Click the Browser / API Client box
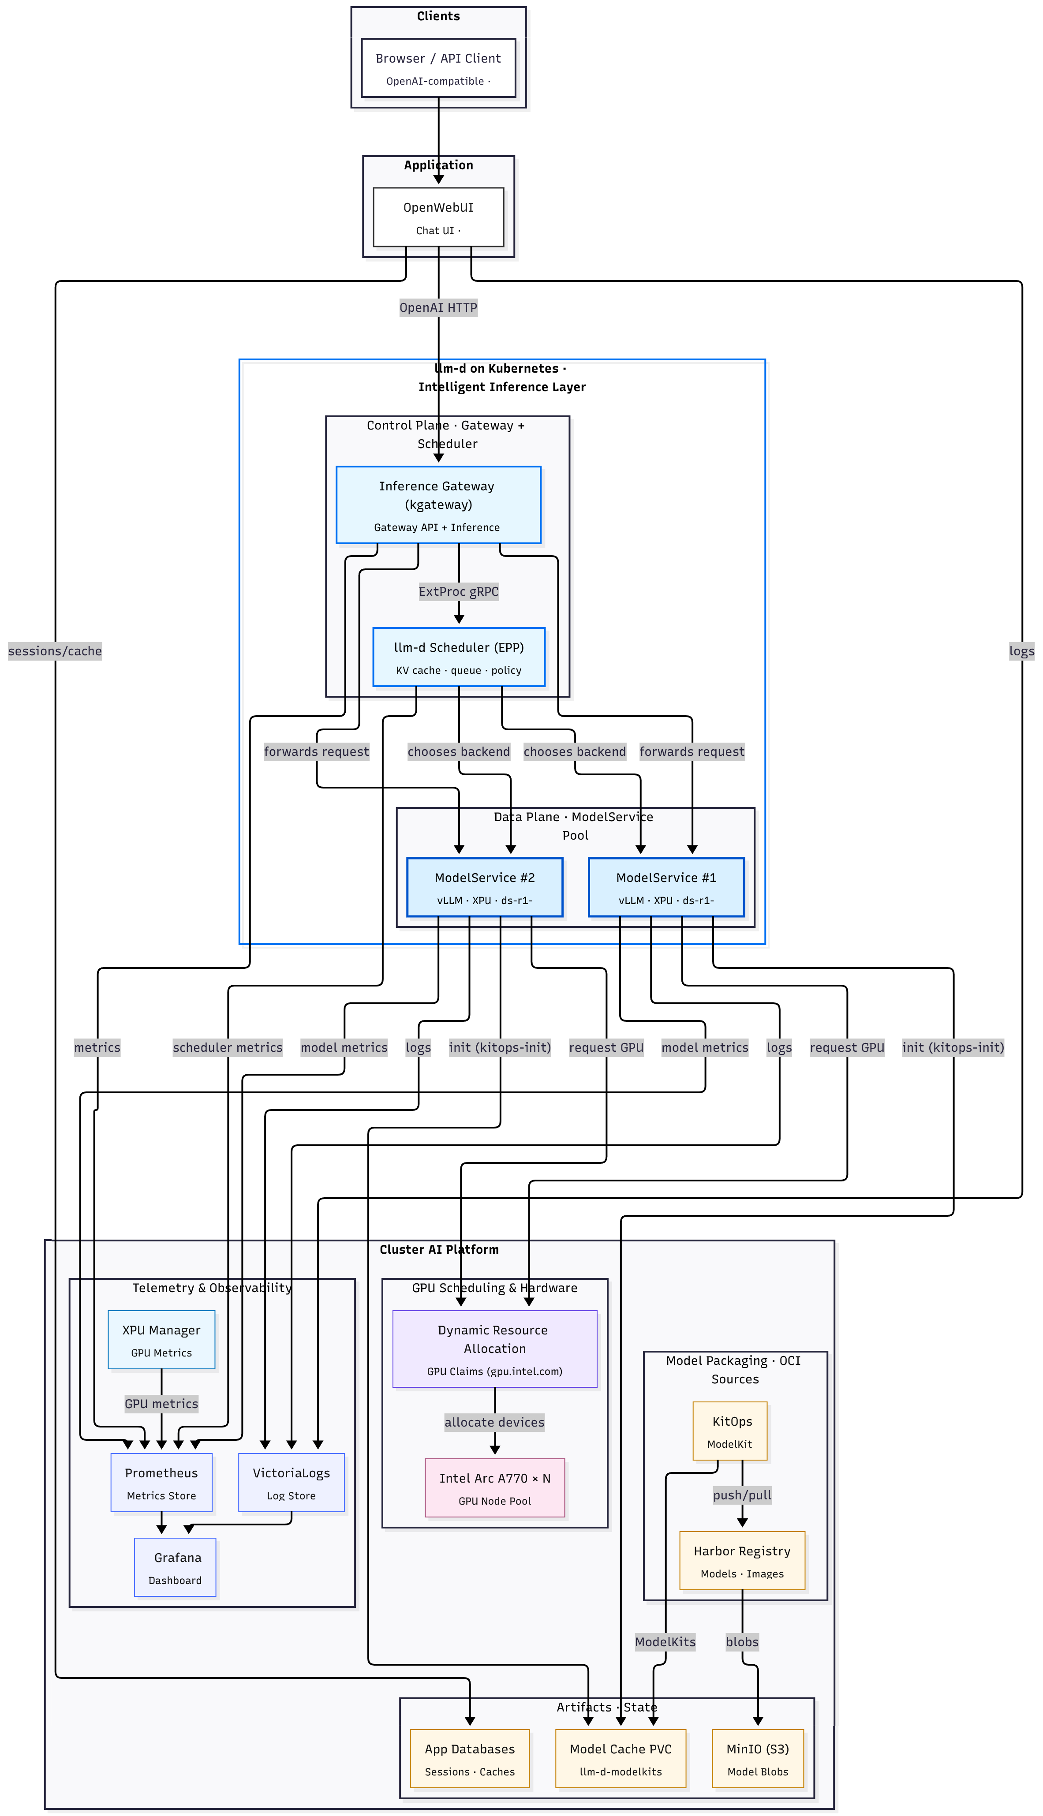pos(438,68)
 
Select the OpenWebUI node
pos(438,217)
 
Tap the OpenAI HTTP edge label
pos(438,308)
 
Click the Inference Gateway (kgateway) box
pos(438,505)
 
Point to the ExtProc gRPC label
pos(459,591)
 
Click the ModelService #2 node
pos(484,887)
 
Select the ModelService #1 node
pos(666,887)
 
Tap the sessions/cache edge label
pos(55,651)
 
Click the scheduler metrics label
pos(228,1048)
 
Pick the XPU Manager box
pos(161,1340)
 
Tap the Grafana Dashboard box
pos(175,1568)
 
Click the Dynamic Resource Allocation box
pos(494,1349)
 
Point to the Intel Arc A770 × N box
pos(494,1488)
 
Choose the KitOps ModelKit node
pos(730,1431)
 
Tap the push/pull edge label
pos(742,1495)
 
